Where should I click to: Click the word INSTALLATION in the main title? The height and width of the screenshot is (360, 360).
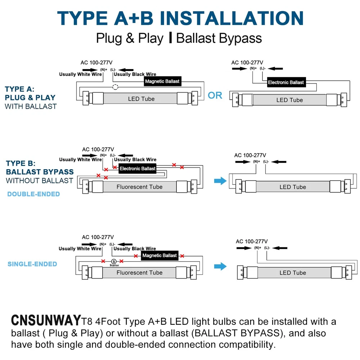click(231, 18)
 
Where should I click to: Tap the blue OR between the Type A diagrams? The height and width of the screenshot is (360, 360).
click(215, 95)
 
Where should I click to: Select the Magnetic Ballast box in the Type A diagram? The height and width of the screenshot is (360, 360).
click(163, 81)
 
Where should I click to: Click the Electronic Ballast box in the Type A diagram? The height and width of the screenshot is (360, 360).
click(286, 82)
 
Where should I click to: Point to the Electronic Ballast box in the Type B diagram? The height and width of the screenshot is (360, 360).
click(137, 168)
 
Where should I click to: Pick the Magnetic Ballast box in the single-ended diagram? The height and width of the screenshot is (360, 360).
click(159, 255)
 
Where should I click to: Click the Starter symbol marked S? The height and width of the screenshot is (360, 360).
click(114, 261)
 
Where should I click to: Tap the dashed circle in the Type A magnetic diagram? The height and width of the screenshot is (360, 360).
click(115, 87)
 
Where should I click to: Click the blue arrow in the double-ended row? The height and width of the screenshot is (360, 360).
click(220, 181)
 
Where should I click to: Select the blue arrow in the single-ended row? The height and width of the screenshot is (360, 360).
click(220, 266)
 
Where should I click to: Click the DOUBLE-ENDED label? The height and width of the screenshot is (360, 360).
click(33, 194)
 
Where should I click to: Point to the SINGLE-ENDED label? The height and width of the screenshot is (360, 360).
click(32, 264)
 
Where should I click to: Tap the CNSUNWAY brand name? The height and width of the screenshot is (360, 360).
click(46, 320)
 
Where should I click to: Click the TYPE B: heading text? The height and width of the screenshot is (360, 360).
click(21, 163)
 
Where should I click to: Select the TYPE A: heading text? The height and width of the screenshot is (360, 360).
click(19, 89)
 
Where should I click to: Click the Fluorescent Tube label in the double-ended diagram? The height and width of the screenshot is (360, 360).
click(140, 187)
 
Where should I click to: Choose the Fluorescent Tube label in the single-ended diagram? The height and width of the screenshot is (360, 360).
click(140, 273)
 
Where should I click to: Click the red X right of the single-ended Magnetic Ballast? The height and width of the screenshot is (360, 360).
click(182, 256)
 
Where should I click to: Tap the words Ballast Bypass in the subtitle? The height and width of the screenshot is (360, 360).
click(219, 38)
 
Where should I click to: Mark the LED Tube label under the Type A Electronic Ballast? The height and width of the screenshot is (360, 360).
click(290, 100)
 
